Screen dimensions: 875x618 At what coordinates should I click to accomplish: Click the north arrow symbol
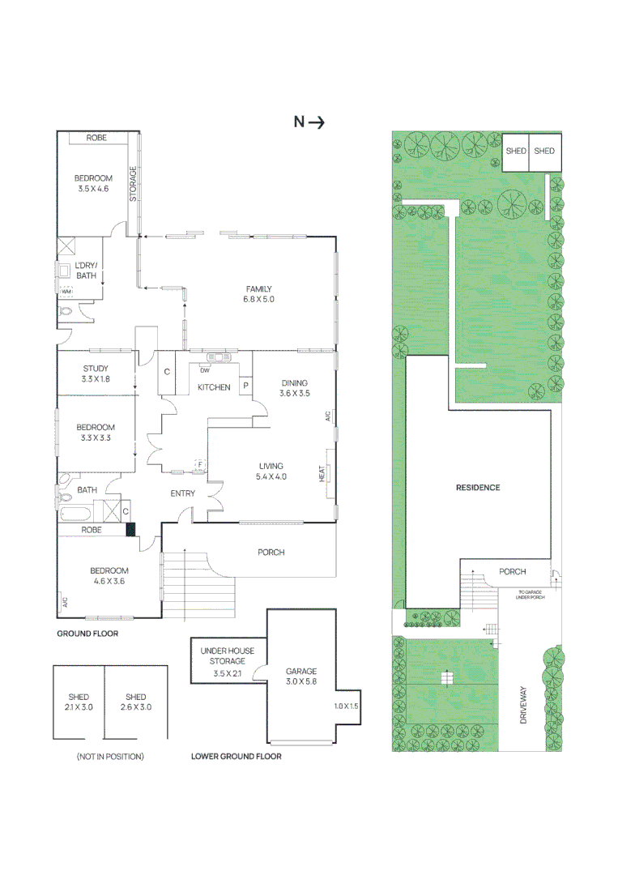(317, 122)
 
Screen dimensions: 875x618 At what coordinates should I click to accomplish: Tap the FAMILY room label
(259, 289)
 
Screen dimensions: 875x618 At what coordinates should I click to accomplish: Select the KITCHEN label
(214, 387)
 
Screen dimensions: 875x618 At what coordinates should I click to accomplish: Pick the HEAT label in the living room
(322, 474)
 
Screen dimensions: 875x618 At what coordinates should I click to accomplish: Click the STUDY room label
(96, 368)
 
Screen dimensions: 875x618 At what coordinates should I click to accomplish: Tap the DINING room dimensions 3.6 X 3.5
(295, 393)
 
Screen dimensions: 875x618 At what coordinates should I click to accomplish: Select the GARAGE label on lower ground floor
(300, 672)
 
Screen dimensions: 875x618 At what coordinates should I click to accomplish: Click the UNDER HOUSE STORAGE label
(228, 656)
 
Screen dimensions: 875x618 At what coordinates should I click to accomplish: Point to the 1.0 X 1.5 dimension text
(346, 706)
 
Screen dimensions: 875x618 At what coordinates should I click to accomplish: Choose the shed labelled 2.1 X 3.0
(79, 702)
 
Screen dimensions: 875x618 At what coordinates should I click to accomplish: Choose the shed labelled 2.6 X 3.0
(136, 702)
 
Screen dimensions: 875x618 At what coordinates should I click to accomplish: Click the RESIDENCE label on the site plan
(478, 487)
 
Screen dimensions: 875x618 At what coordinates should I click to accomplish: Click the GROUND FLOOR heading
(87, 634)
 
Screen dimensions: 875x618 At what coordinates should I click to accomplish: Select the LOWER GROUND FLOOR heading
(237, 757)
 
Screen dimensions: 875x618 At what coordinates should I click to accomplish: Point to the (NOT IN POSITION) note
(110, 757)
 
